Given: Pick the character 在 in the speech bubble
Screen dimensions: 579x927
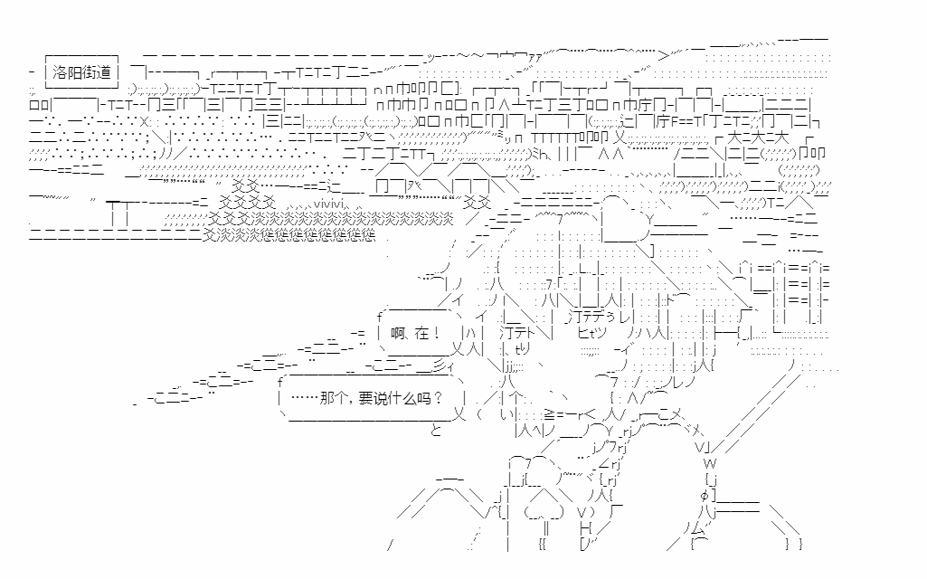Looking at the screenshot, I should click(x=423, y=334).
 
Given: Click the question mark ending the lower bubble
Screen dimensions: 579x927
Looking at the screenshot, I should click(x=438, y=399).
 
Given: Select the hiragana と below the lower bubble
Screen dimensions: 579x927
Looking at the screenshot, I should click(x=436, y=431).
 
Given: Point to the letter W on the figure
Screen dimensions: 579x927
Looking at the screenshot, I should click(x=709, y=463).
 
